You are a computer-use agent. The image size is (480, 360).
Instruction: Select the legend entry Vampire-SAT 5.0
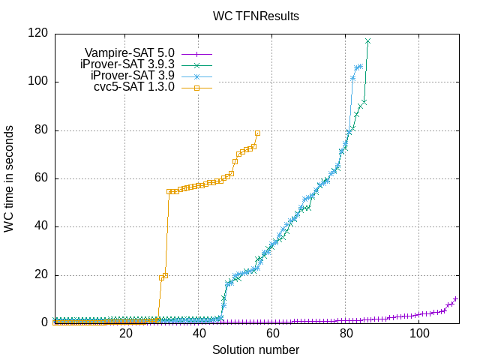[129, 52]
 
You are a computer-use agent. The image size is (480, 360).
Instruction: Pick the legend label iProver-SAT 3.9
[132, 76]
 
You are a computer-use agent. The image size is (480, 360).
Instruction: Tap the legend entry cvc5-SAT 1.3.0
[135, 87]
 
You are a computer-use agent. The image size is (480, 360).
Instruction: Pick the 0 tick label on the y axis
[44, 323]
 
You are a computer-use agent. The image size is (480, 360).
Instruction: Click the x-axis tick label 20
[126, 334]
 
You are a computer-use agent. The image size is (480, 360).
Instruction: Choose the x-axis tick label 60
[273, 334]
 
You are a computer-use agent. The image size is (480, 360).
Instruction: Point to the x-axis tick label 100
[419, 334]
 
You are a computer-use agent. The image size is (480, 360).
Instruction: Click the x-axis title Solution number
[256, 349]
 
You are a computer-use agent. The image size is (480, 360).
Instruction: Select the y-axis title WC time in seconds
[9, 178]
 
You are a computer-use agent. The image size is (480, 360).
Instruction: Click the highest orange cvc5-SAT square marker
[257, 133]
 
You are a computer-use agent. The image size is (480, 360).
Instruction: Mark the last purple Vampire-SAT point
[456, 298]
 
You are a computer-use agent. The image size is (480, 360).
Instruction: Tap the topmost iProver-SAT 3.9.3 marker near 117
[368, 41]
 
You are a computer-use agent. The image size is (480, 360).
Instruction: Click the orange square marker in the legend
[196, 87]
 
